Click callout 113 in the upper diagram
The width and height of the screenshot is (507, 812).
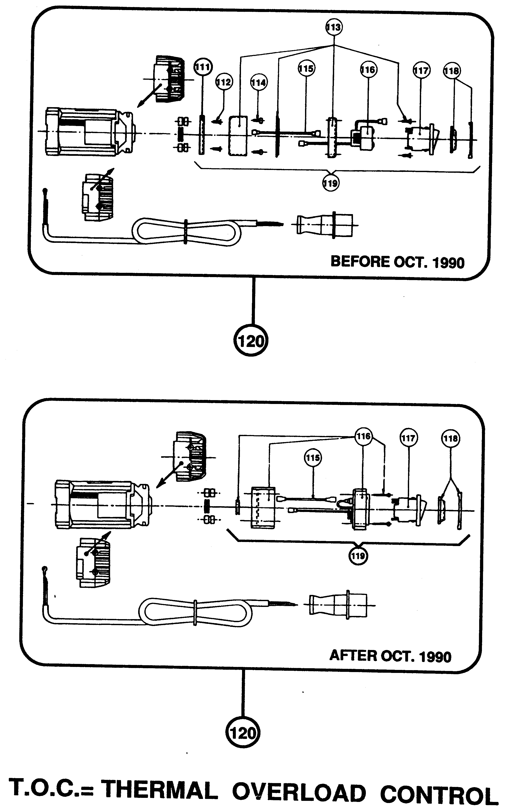334,27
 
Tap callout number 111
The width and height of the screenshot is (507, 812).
203,67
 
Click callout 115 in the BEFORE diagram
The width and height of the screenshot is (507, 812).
306,69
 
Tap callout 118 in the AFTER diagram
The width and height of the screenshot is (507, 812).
450,438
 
